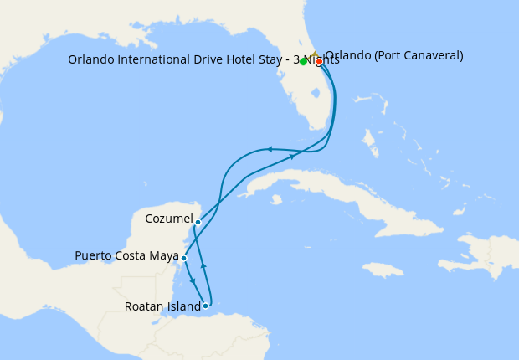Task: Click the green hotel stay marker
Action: pos(303,62)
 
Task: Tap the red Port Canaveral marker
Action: pos(319,62)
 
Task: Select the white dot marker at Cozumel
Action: pos(198,222)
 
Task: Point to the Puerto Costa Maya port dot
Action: pos(183,259)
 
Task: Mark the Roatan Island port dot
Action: pos(205,306)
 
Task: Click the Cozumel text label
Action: pos(169,219)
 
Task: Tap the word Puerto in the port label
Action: pos(93,255)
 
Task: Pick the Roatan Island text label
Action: pos(162,306)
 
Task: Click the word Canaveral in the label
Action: pos(429,56)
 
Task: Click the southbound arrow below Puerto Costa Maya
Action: pos(193,280)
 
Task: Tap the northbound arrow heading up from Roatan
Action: pos(203,265)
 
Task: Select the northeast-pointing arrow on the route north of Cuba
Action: pos(292,156)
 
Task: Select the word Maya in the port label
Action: pos(164,255)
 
